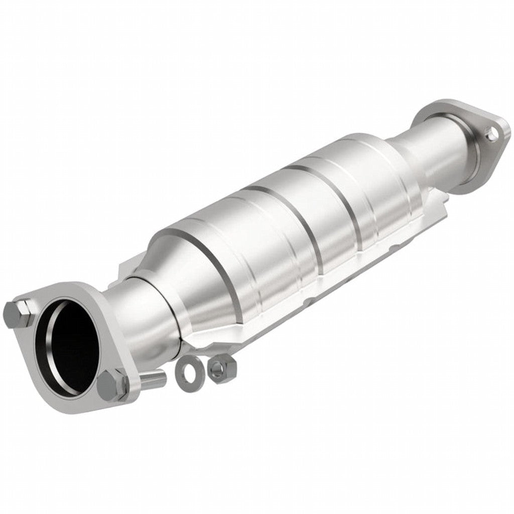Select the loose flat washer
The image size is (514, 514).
click(x=189, y=374)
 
